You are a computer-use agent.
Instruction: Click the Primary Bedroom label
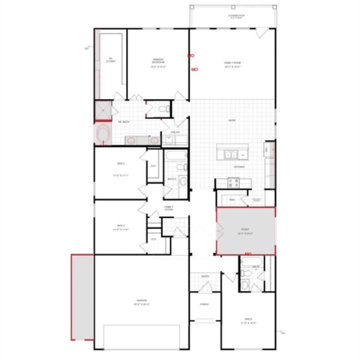(x=158, y=61)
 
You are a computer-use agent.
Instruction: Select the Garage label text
(x=142, y=302)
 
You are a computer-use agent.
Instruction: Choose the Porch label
(x=204, y=304)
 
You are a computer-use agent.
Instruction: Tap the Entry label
(x=205, y=276)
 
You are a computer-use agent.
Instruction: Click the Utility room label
(x=175, y=132)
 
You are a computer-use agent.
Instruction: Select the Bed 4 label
(x=120, y=164)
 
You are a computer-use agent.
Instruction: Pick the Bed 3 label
(x=120, y=225)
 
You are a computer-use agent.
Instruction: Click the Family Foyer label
(x=168, y=208)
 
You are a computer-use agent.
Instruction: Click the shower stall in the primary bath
(x=103, y=111)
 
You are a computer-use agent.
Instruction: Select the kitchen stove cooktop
(x=233, y=182)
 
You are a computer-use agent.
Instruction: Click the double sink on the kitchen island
(x=231, y=154)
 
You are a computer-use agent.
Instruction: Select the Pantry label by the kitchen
(x=232, y=200)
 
